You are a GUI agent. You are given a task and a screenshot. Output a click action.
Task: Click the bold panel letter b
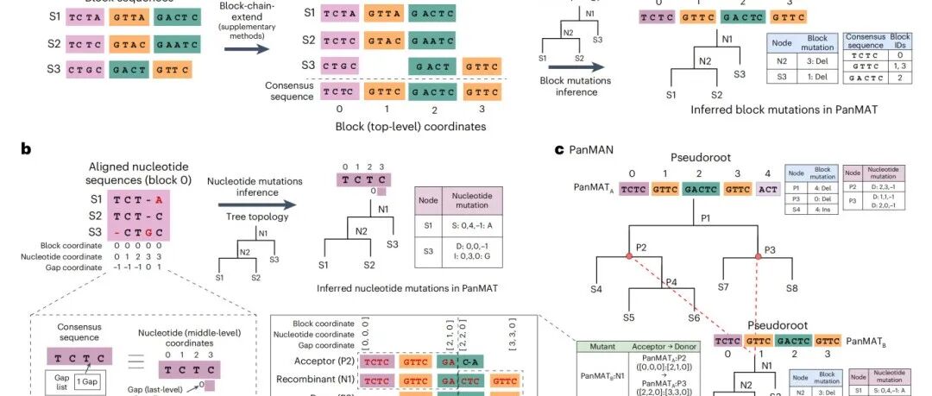tap(27, 148)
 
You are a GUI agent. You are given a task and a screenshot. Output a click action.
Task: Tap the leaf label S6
tap(693, 318)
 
